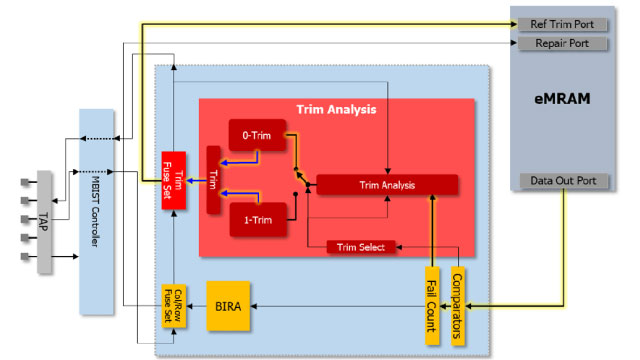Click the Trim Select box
pyautogui.click(x=362, y=246)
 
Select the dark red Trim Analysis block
pyautogui.click(x=387, y=184)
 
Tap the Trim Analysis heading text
pyautogui.click(x=336, y=108)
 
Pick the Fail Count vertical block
pyautogui.click(x=433, y=306)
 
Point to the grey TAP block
pyautogui.click(x=45, y=221)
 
